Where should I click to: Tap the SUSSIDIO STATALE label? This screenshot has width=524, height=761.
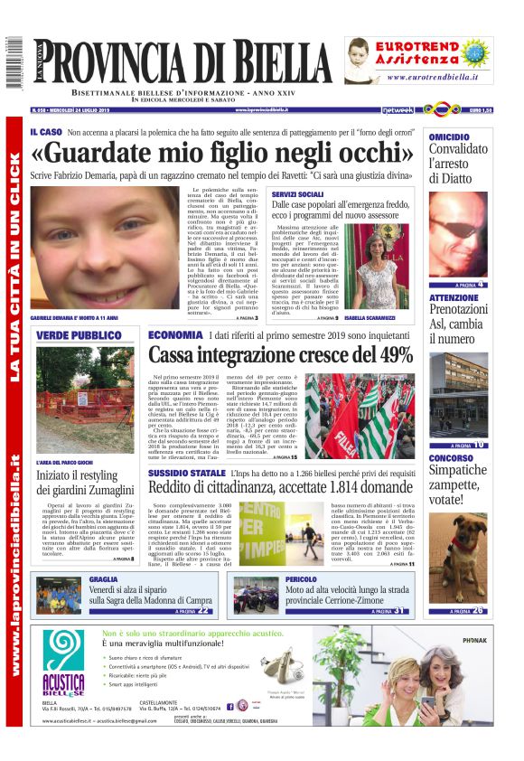[x=187, y=473]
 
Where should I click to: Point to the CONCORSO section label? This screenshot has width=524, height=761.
[x=451, y=458]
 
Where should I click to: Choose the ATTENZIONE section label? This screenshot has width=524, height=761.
[x=454, y=297]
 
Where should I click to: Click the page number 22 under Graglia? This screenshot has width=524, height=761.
[x=204, y=611]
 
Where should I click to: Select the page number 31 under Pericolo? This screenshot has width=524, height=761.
[x=399, y=611]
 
